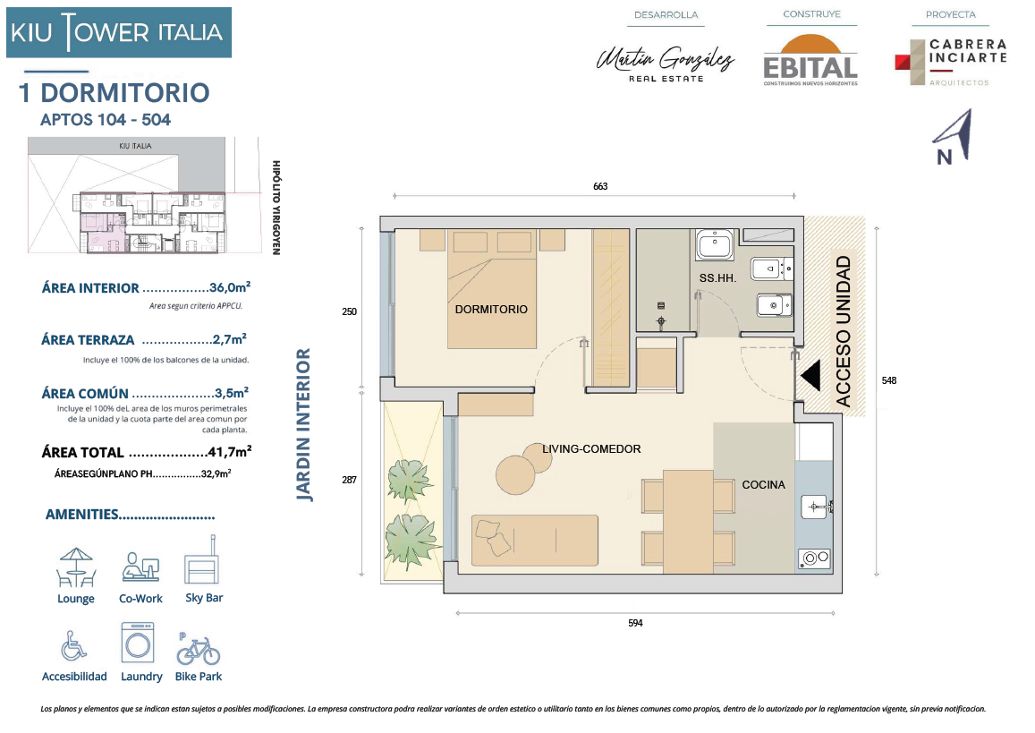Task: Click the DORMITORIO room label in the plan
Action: click(491, 309)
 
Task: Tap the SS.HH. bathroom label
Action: click(717, 278)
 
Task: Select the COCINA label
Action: click(764, 485)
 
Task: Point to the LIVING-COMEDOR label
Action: click(591, 449)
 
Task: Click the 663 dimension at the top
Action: click(600, 186)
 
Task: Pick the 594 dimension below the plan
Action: click(635, 623)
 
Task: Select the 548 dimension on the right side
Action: click(889, 380)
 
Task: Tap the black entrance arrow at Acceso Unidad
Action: click(810, 375)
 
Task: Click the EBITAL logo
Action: click(810, 61)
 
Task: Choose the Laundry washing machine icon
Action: click(138, 643)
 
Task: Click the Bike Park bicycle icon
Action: click(198, 649)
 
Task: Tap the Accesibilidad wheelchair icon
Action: click(73, 645)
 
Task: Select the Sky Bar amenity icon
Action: click(202, 560)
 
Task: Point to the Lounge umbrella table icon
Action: click(76, 567)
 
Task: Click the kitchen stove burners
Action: click(815, 558)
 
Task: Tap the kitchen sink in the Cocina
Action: click(817, 507)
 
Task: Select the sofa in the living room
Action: click(535, 541)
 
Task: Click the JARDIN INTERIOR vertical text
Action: click(303, 425)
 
